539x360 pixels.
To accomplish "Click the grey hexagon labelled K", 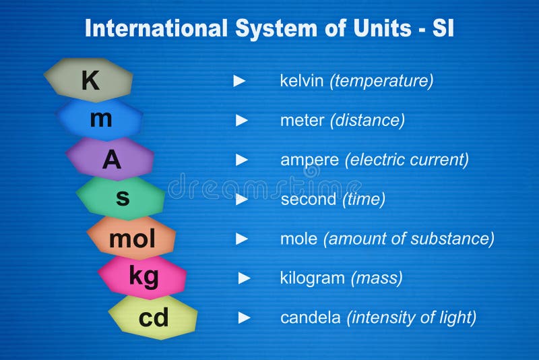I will coord(89,80).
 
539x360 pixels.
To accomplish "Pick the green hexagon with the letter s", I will coord(121,198).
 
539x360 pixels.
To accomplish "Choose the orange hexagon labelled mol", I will coord(132,238).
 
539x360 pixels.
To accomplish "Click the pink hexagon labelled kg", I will coord(143,277).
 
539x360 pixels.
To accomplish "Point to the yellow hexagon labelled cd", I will coord(154,317).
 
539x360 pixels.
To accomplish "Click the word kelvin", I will coord(302,81).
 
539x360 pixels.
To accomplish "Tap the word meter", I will coord(302,120).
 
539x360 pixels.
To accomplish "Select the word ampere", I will coord(309,160).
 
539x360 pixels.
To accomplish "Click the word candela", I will coord(311,318).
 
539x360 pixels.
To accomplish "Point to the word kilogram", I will coord(312,278).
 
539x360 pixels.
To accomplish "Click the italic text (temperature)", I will coord(381,81).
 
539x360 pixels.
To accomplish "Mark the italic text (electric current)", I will coord(407,160).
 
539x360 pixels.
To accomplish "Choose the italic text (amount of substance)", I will coord(409,239).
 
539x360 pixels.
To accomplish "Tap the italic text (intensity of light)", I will coord(412,318).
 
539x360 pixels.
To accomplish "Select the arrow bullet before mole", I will coord(242,239).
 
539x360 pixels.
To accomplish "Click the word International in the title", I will coord(156,28).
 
